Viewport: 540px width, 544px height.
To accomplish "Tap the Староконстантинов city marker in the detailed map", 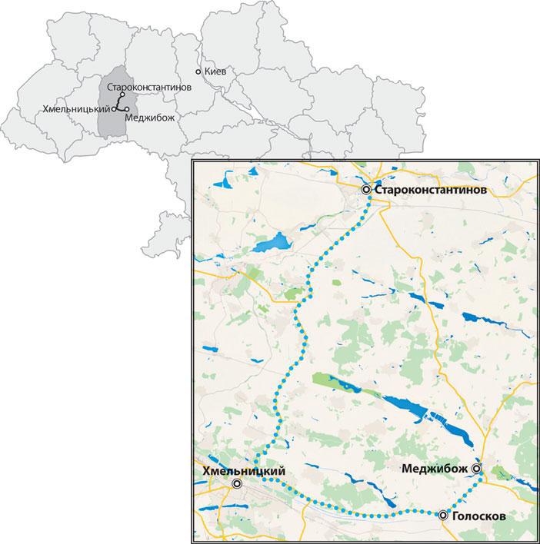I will click(367, 189).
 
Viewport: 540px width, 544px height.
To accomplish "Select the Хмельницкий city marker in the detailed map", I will click(238, 483).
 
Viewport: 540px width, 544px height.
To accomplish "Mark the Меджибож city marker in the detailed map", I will click(477, 468).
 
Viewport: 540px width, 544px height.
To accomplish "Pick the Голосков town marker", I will click(443, 516).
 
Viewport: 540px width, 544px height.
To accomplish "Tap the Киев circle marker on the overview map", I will click(198, 71).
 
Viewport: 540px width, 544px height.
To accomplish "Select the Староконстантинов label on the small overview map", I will click(149, 87).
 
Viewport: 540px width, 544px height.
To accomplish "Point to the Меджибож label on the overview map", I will click(149, 118).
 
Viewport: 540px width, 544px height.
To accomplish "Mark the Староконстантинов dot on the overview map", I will click(122, 95).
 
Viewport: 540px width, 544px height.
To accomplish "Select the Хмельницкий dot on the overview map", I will click(115, 109).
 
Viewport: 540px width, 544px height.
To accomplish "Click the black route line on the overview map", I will click(119, 102).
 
